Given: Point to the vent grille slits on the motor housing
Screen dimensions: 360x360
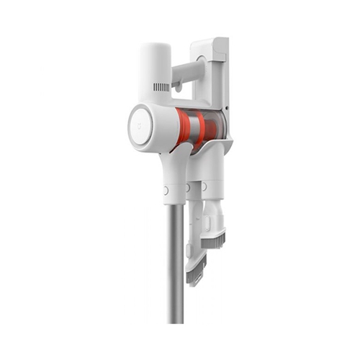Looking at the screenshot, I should pos(161,87).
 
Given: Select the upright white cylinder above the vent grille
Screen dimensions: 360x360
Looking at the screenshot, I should pos(155,61).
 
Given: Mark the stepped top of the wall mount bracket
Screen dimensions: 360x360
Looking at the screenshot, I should pos(210,47).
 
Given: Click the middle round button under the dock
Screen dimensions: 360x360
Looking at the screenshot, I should pos(188,188).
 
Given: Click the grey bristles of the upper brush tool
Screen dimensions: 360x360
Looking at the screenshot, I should pos(215,238).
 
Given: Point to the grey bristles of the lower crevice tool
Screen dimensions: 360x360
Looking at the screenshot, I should pos(197,274).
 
